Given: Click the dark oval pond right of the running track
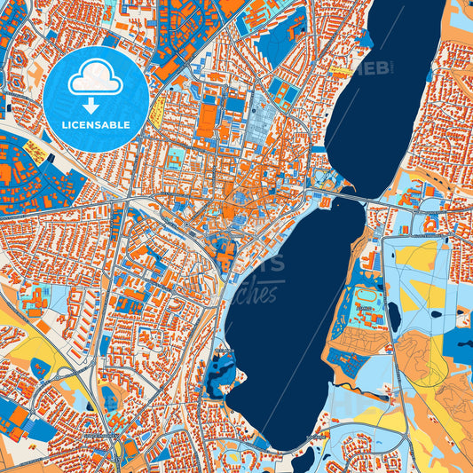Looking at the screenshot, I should click(393, 316).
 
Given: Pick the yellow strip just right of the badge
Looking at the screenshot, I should click(158, 111).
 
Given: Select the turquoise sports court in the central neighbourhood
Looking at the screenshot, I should click(177, 157).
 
